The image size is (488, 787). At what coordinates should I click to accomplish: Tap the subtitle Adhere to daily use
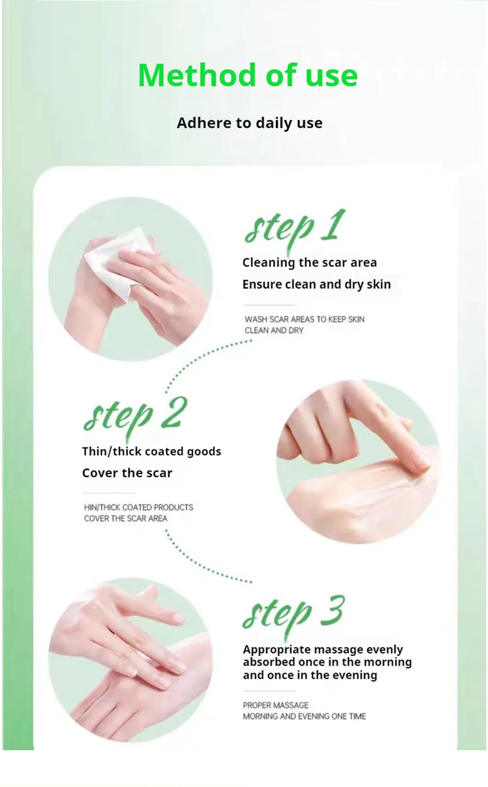point(250,123)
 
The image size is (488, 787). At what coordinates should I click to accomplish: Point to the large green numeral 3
point(331,611)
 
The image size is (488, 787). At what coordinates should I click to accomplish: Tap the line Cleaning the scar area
point(309,263)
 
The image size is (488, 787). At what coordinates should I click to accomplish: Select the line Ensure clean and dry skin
point(316,284)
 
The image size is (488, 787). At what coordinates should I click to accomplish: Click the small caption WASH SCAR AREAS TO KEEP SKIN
point(304,319)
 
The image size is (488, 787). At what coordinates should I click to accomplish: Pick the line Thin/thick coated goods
point(151,452)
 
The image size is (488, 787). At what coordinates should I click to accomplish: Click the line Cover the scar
point(127,473)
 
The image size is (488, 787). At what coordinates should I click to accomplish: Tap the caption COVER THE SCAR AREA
point(125,518)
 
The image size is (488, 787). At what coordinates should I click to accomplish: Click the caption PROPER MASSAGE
point(275,705)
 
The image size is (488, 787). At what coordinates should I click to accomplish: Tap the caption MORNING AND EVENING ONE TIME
point(304,716)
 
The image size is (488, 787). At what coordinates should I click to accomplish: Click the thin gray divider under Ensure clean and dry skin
point(269,305)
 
